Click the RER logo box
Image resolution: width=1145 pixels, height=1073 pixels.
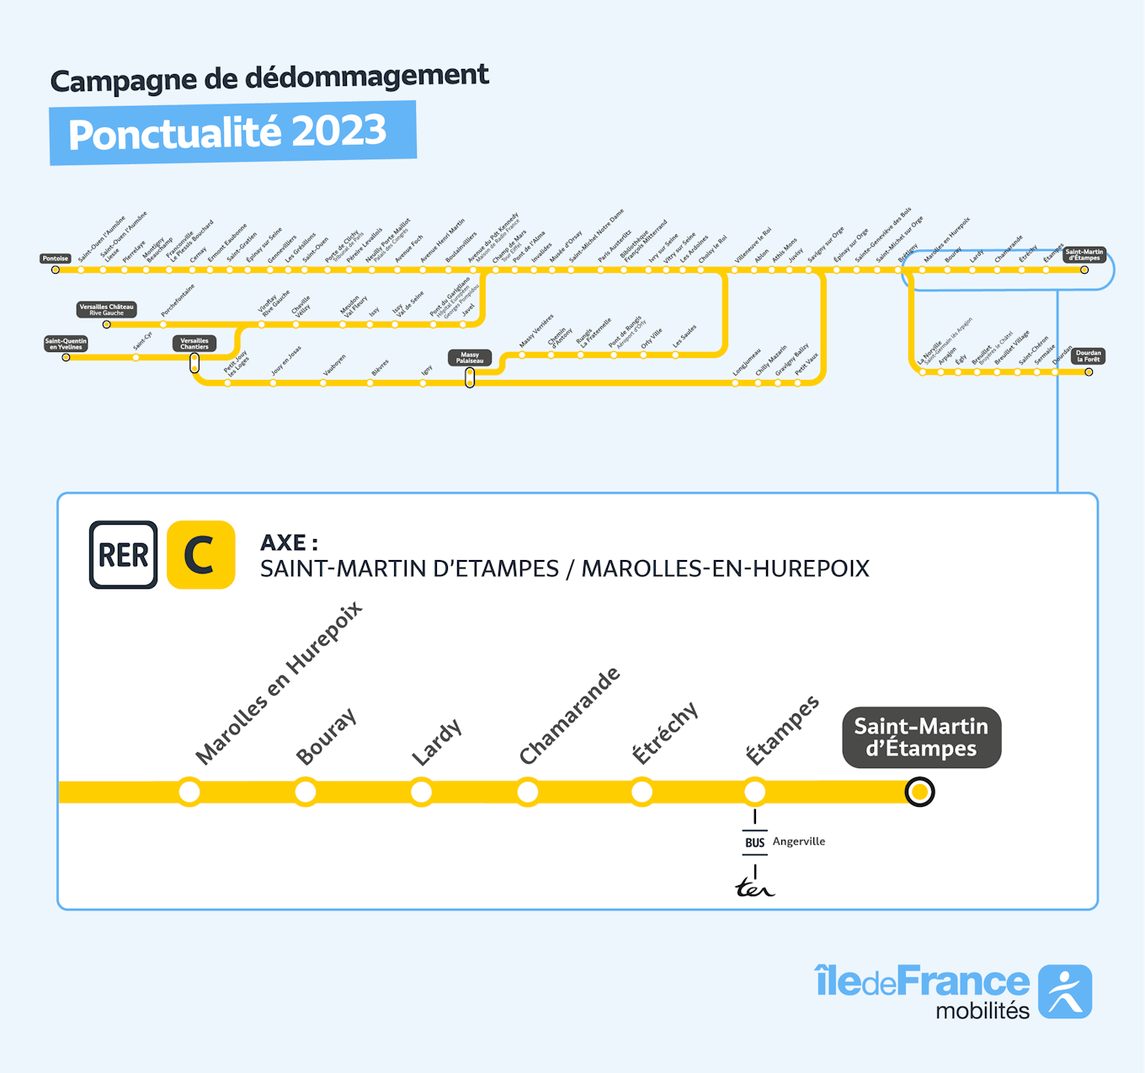(x=123, y=554)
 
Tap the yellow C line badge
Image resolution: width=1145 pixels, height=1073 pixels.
(x=200, y=554)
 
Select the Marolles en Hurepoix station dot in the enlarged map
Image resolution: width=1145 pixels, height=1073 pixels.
(x=189, y=792)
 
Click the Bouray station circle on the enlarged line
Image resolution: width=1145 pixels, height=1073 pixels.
(x=306, y=792)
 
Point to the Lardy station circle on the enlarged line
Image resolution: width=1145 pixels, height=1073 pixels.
(x=421, y=792)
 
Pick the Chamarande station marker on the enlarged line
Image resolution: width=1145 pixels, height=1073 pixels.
(x=528, y=792)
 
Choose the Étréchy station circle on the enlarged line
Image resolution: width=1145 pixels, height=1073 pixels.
(x=642, y=792)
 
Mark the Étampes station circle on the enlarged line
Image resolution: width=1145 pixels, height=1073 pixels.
(x=754, y=792)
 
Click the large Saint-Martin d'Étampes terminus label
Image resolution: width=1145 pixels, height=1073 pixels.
(x=921, y=737)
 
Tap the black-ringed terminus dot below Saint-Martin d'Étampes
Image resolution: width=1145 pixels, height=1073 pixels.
(x=919, y=792)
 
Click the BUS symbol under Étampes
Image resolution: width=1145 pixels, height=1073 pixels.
(x=754, y=842)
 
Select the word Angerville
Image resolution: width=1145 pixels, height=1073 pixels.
(x=799, y=841)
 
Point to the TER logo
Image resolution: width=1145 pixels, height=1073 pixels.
(x=754, y=888)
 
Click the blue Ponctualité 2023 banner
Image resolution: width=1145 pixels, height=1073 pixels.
(x=232, y=133)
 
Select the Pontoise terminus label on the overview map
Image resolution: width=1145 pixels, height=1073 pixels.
(x=56, y=259)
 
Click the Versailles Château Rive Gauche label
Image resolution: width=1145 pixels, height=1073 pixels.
(x=106, y=309)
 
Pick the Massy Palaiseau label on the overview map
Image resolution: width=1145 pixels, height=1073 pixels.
(x=470, y=357)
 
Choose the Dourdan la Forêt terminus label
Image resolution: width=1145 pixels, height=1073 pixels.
(x=1088, y=356)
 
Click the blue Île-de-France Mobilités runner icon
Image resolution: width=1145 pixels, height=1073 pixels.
(x=1065, y=991)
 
